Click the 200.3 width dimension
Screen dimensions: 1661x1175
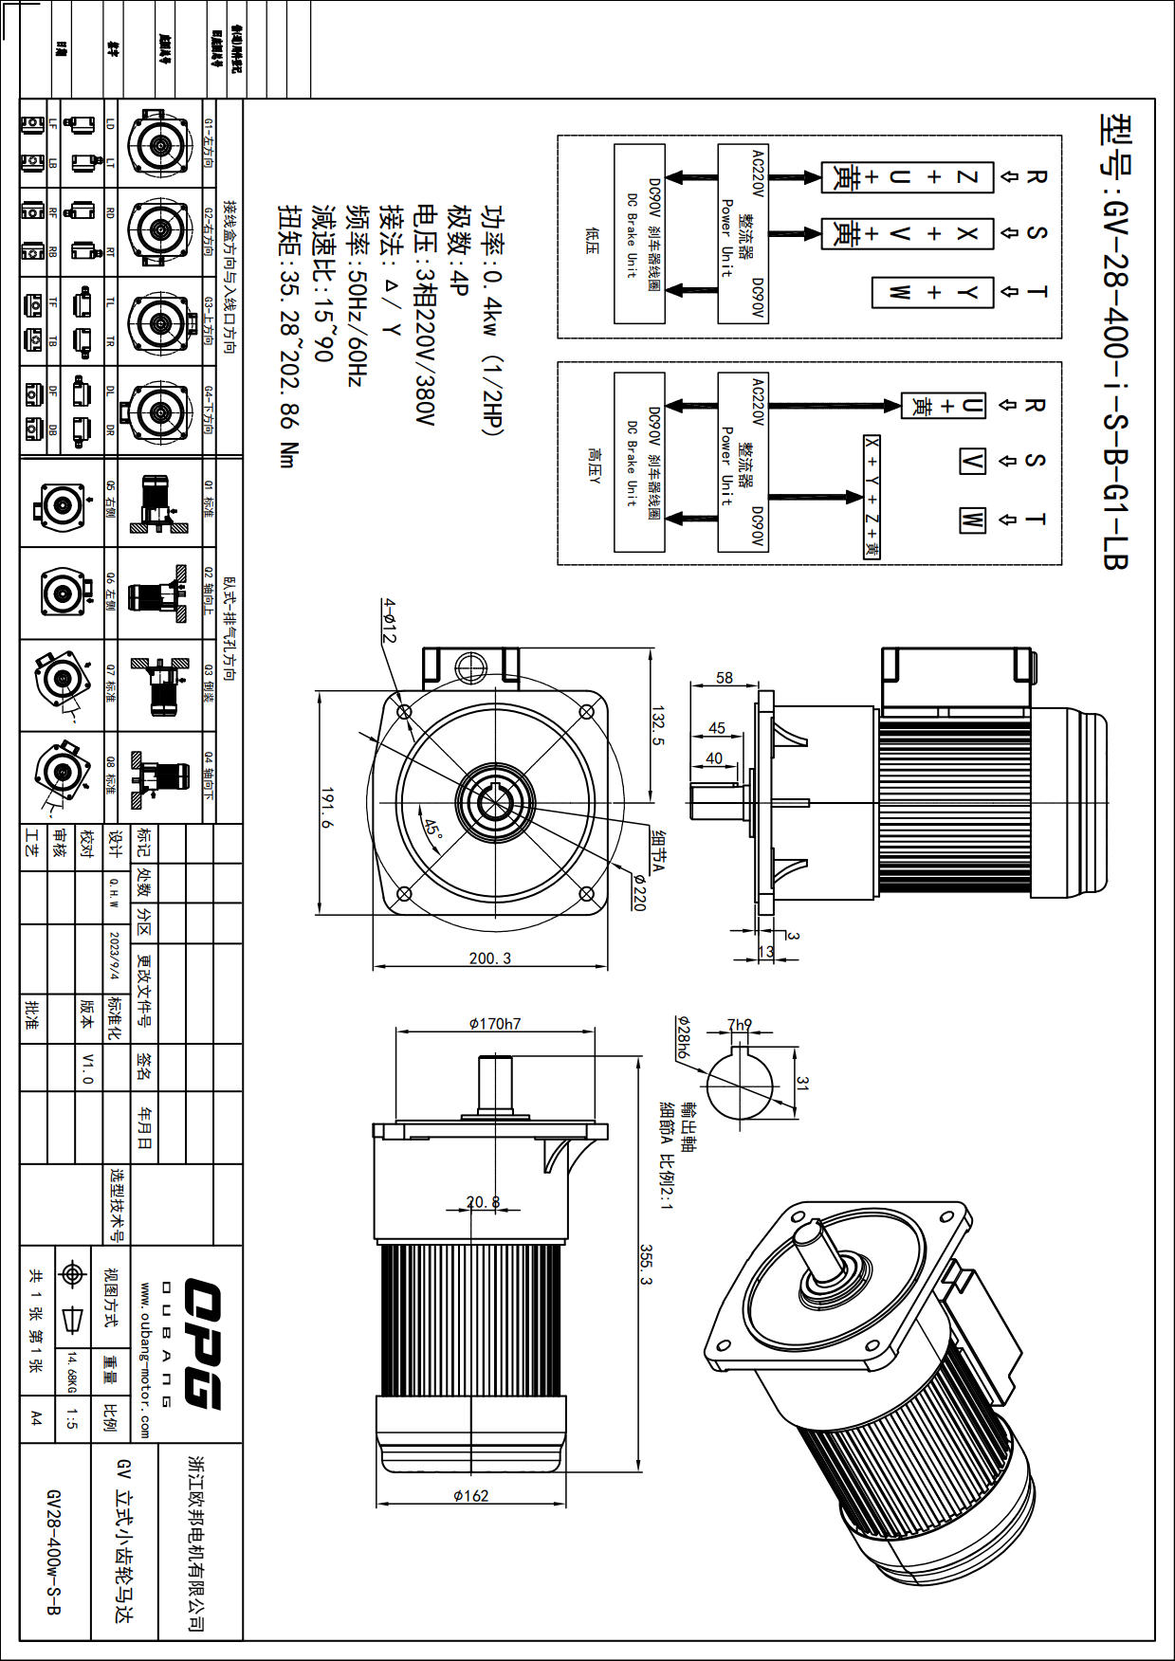click(489, 958)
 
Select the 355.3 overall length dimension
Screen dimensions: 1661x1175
click(646, 1265)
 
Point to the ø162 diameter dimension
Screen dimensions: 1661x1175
click(471, 1495)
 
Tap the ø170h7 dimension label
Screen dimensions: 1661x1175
click(494, 1024)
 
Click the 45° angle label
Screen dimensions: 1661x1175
click(433, 830)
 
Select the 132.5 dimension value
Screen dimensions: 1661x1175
click(658, 724)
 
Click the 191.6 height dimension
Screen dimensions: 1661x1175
click(327, 808)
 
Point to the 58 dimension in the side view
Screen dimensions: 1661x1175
click(725, 678)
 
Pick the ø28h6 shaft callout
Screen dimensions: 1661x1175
click(683, 1037)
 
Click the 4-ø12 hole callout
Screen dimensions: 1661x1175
click(388, 621)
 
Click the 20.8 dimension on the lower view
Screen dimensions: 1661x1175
click(483, 1202)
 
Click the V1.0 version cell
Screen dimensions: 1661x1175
click(87, 1068)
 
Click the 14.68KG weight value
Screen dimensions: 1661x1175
click(72, 1372)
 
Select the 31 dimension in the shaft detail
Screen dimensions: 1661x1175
click(803, 1082)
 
